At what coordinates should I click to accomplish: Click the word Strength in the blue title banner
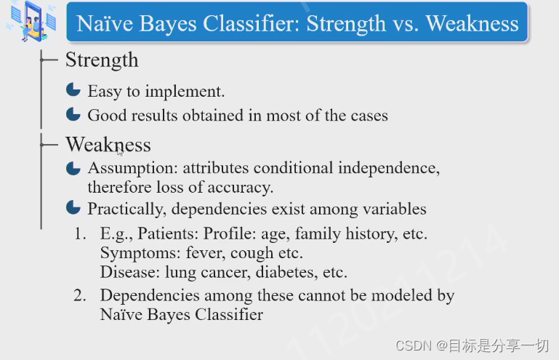pyautogui.click(x=346, y=24)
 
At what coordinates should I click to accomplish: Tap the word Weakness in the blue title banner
pyautogui.click(x=472, y=23)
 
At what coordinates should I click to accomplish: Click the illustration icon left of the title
pyautogui.click(x=32, y=20)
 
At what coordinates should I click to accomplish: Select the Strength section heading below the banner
pyautogui.click(x=102, y=60)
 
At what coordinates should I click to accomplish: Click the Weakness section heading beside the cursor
pyautogui.click(x=108, y=145)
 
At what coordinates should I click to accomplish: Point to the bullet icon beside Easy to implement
pyautogui.click(x=73, y=89)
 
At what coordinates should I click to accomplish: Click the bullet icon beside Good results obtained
pyautogui.click(x=73, y=113)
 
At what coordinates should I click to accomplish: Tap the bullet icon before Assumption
pyautogui.click(x=73, y=168)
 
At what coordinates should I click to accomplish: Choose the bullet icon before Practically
pyautogui.click(x=73, y=207)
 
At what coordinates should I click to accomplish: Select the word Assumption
pyautogui.click(x=132, y=168)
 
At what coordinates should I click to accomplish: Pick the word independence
pyautogui.click(x=389, y=168)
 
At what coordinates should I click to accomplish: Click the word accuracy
pyautogui.click(x=241, y=188)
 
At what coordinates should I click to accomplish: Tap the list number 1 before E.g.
pyautogui.click(x=80, y=233)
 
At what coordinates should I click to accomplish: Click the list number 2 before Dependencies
pyautogui.click(x=80, y=295)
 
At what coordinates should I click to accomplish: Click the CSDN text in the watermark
pyautogui.click(x=414, y=345)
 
